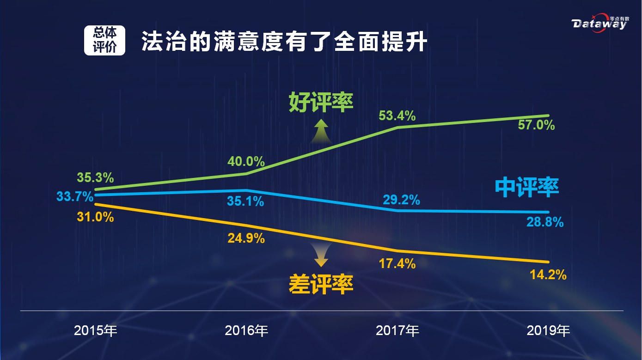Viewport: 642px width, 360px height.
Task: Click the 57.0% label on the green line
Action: click(536, 125)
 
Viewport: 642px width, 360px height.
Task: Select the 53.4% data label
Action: click(397, 116)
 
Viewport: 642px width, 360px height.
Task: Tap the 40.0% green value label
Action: click(246, 162)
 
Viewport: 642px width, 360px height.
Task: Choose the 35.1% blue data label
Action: click(246, 201)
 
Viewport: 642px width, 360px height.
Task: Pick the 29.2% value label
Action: click(401, 200)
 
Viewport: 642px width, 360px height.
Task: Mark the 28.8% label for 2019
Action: click(545, 222)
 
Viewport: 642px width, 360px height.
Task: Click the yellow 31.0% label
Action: click(95, 217)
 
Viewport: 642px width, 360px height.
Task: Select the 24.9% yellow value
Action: click(246, 238)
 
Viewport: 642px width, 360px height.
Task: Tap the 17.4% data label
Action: click(397, 264)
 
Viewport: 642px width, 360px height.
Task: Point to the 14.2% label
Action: click(548, 275)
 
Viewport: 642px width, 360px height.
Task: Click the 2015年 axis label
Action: click(96, 331)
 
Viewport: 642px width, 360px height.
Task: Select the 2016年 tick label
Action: click(246, 331)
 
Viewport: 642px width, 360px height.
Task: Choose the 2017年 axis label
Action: click(397, 331)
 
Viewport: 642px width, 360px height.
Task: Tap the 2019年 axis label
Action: click(548, 331)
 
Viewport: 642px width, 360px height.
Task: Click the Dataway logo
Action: click(600, 24)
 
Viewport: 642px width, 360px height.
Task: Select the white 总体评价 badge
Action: click(104, 40)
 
